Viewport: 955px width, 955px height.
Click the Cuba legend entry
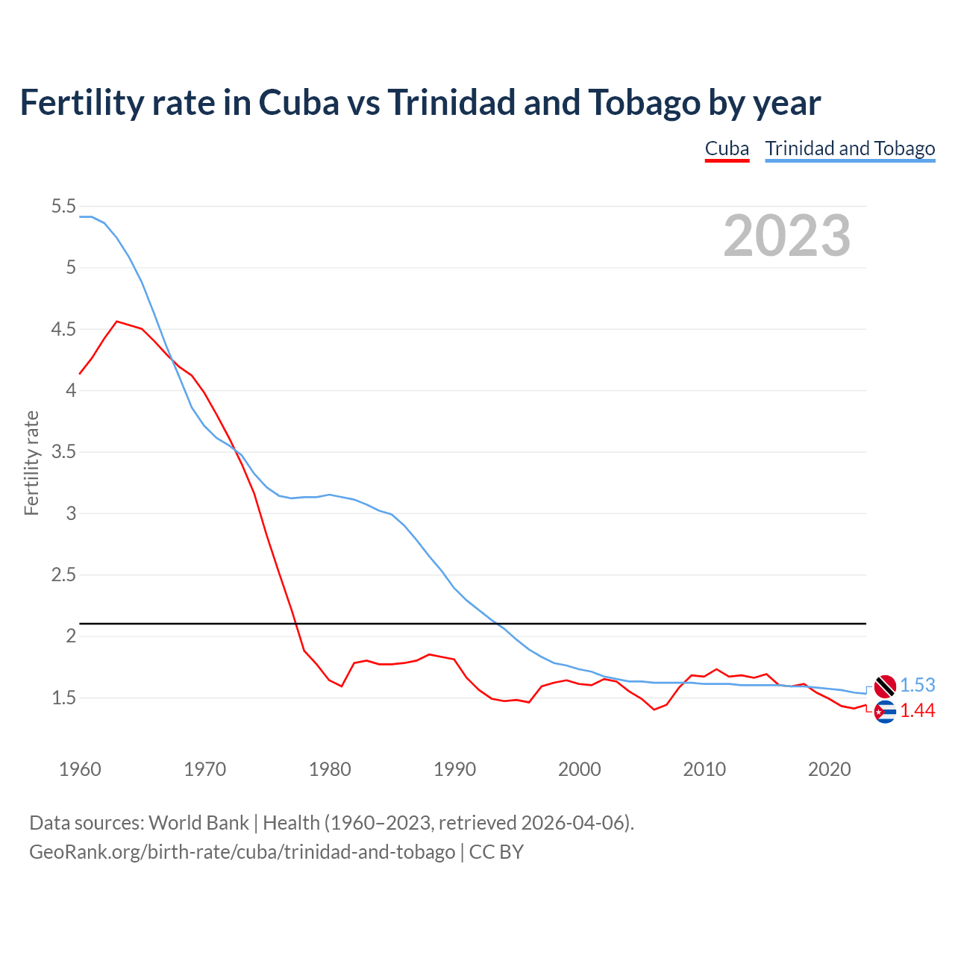click(x=727, y=148)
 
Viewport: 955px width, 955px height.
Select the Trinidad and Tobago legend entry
click(x=850, y=148)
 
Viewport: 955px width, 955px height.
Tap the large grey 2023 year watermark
click(x=787, y=236)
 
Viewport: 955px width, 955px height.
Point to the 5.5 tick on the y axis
click(x=63, y=206)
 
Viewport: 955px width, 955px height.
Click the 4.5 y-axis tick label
click(x=63, y=329)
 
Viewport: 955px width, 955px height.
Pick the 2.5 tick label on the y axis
click(x=63, y=574)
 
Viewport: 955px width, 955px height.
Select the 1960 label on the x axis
click(x=80, y=769)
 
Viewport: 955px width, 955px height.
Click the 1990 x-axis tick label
click(x=454, y=769)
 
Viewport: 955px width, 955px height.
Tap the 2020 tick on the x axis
click(x=829, y=769)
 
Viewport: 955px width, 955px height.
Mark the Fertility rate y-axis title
click(x=31, y=463)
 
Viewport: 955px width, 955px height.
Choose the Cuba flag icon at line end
click(x=885, y=712)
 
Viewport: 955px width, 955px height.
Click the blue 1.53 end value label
click(x=917, y=685)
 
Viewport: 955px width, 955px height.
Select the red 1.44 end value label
click(x=917, y=711)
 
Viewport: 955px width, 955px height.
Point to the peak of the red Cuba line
click(x=116, y=322)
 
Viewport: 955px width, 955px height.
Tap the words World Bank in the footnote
click(x=198, y=822)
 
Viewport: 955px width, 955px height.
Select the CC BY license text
click(x=496, y=851)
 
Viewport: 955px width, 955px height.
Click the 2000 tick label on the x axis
click(x=579, y=769)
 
